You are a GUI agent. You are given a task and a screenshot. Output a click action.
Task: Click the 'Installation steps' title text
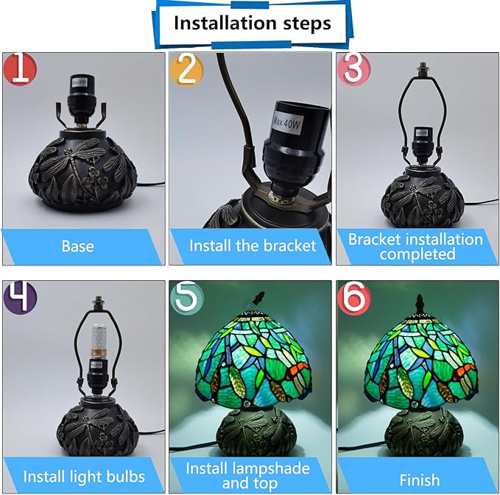253,24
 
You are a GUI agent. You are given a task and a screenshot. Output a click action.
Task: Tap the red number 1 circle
20,69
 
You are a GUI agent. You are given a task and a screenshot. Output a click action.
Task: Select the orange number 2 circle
186,70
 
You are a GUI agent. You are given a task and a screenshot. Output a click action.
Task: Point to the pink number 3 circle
353,69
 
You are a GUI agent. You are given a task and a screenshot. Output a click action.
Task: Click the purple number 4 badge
20,297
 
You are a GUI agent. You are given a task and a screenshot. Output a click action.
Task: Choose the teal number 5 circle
187,297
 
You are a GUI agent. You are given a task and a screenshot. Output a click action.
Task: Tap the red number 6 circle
354,297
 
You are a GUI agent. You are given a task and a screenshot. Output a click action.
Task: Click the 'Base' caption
77,246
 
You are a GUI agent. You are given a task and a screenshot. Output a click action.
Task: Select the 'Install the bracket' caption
253,246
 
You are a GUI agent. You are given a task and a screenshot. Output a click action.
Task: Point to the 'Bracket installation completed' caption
415,246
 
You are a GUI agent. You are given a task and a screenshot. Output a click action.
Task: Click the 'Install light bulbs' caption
84,477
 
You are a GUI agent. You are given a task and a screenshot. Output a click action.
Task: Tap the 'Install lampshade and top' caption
247,476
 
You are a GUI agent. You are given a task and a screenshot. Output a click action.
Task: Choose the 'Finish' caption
420,480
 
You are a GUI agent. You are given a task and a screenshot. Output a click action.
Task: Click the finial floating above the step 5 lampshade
258,298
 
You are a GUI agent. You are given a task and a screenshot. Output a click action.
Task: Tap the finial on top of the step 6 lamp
420,304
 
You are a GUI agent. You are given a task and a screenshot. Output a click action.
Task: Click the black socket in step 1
82,98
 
